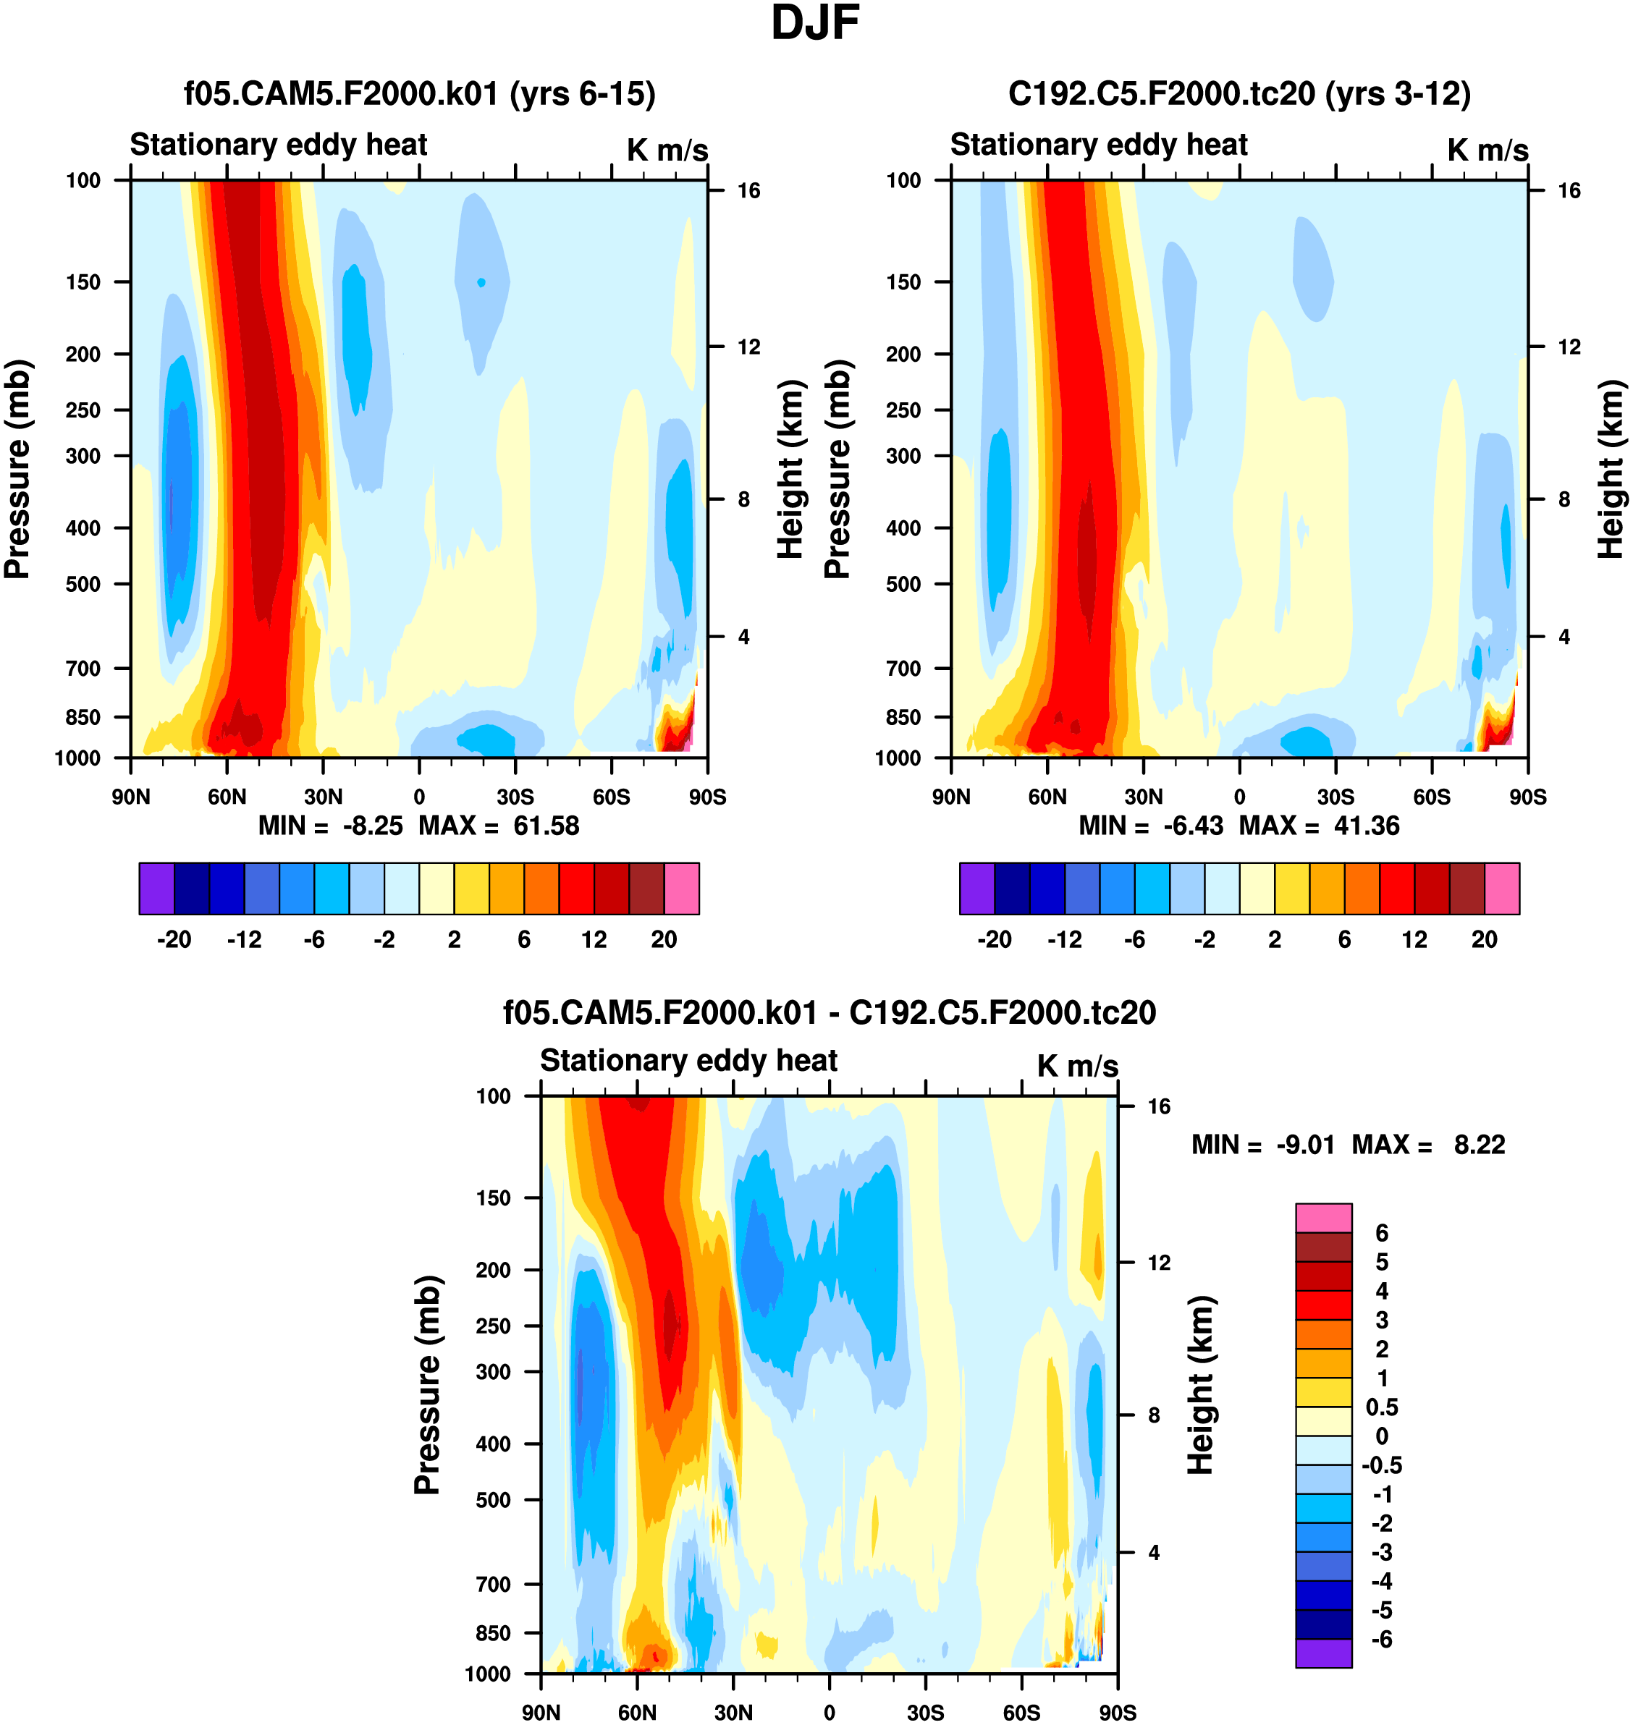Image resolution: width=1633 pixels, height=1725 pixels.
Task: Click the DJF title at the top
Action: (x=815, y=23)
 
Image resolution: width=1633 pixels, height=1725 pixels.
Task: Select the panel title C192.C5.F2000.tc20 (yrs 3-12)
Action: (x=1239, y=94)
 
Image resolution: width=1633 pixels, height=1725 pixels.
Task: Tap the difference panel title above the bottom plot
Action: (x=829, y=1012)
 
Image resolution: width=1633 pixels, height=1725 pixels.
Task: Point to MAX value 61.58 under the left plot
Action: (x=546, y=825)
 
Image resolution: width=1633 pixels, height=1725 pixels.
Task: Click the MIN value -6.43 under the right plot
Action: (x=1193, y=825)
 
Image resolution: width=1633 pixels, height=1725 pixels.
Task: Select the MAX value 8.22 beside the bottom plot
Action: (x=1479, y=1145)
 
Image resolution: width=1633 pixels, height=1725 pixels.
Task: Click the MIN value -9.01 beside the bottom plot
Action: (x=1305, y=1145)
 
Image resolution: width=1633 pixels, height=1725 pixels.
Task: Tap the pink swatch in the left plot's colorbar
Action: (x=682, y=889)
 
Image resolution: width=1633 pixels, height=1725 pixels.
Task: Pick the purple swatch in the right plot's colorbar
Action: (x=976, y=889)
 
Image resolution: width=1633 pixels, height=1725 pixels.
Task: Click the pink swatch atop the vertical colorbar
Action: (x=1323, y=1218)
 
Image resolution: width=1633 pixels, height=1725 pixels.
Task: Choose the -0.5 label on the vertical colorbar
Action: (x=1381, y=1465)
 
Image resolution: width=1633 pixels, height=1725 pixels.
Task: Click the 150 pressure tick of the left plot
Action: (x=83, y=282)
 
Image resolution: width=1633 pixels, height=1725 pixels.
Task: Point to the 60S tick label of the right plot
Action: (x=1432, y=797)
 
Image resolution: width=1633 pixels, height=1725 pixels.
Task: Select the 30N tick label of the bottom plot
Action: (x=733, y=1712)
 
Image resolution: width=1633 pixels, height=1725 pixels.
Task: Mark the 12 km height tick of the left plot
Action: (x=748, y=347)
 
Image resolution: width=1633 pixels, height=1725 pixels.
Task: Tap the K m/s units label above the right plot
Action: (x=1488, y=151)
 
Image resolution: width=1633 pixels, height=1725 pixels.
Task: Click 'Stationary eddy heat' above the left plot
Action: (x=279, y=145)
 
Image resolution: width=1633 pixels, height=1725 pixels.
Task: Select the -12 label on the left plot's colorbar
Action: (x=245, y=940)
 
